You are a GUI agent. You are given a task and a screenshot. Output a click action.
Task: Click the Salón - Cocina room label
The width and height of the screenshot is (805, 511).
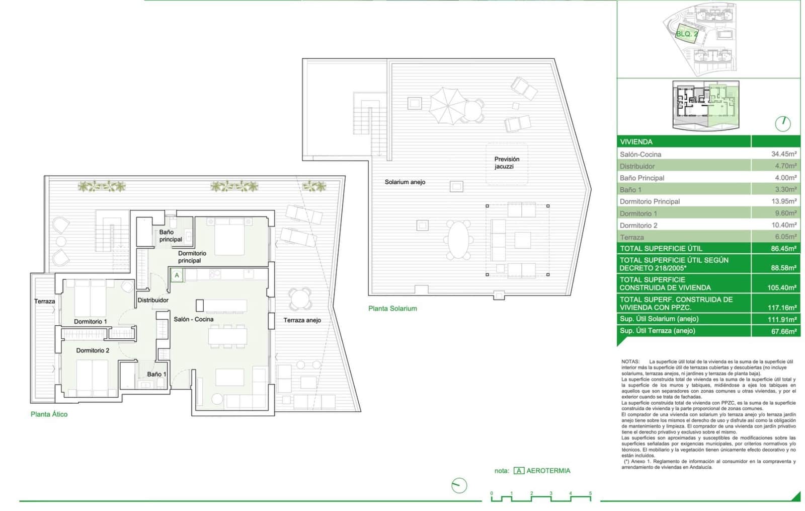(x=193, y=319)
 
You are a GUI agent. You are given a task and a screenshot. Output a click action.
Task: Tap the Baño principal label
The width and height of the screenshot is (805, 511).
(x=171, y=236)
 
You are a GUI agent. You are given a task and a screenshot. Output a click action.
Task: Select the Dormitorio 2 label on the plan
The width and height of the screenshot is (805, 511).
(x=93, y=350)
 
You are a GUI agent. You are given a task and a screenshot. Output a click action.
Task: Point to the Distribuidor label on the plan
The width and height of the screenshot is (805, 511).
(x=153, y=300)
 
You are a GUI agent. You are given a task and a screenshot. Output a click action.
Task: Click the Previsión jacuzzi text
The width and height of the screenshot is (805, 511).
(x=506, y=163)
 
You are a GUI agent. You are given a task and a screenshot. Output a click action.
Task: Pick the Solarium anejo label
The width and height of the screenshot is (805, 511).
(x=405, y=182)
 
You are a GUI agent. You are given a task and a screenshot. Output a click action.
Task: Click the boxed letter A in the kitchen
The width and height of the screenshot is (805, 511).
(x=177, y=275)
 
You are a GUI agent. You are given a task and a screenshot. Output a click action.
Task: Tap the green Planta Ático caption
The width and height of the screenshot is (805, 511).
(x=49, y=414)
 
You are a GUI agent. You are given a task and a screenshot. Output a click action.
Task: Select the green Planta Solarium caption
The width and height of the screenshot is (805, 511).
(x=392, y=309)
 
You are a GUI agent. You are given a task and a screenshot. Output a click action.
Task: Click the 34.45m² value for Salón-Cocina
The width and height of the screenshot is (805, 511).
(x=783, y=154)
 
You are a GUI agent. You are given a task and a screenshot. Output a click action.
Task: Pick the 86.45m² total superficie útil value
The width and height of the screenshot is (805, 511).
(x=783, y=249)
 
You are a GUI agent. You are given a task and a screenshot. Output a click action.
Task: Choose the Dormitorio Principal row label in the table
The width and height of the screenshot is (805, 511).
(x=650, y=201)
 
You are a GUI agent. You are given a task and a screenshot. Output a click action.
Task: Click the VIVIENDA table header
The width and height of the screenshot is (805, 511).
(x=636, y=142)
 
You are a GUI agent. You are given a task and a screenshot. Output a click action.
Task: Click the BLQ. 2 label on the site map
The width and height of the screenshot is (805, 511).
(x=686, y=34)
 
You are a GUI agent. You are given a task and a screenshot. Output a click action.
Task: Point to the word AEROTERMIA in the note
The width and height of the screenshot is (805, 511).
(x=548, y=471)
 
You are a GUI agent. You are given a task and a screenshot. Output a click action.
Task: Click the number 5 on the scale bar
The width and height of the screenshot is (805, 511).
(x=590, y=494)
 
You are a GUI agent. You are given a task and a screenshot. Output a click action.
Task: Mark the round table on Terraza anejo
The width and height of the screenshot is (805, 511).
(x=300, y=299)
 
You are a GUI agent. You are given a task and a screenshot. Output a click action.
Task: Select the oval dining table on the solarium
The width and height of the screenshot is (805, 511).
(x=458, y=240)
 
